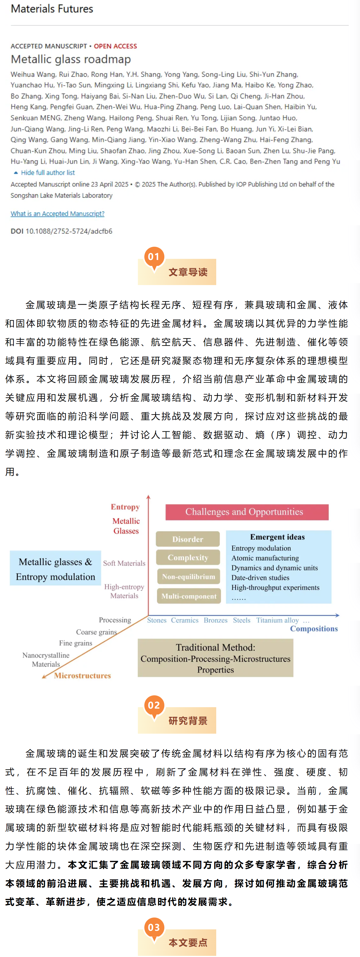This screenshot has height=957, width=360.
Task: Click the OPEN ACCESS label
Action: pyautogui.click(x=115, y=46)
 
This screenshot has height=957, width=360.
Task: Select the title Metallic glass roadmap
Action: pyautogui.click(x=70, y=59)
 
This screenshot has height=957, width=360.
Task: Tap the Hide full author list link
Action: pyautogui.click(x=48, y=173)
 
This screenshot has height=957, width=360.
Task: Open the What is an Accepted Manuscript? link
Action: pyautogui.click(x=57, y=214)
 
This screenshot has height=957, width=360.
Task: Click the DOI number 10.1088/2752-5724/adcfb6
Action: pyautogui.click(x=69, y=231)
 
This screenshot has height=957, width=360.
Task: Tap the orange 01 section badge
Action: pyautogui.click(x=154, y=257)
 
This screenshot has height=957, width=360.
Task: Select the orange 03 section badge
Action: pyautogui.click(x=154, y=927)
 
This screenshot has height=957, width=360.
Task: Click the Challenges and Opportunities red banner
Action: pyautogui.click(x=247, y=512)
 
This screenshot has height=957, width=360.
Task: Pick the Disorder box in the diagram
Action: pyautogui.click(x=188, y=539)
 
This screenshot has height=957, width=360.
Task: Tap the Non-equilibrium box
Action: pyautogui.click(x=188, y=577)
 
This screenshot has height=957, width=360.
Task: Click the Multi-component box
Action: pyautogui.click(x=189, y=596)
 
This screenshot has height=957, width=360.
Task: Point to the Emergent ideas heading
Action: pyautogui.click(x=277, y=537)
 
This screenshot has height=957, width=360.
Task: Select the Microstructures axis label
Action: pyautogui.click(x=83, y=675)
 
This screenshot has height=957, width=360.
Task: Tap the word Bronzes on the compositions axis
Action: pyautogui.click(x=215, y=620)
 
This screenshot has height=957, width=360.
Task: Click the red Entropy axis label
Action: pyautogui.click(x=125, y=507)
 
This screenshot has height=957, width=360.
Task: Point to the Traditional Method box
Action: pyautogui.click(x=215, y=658)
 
